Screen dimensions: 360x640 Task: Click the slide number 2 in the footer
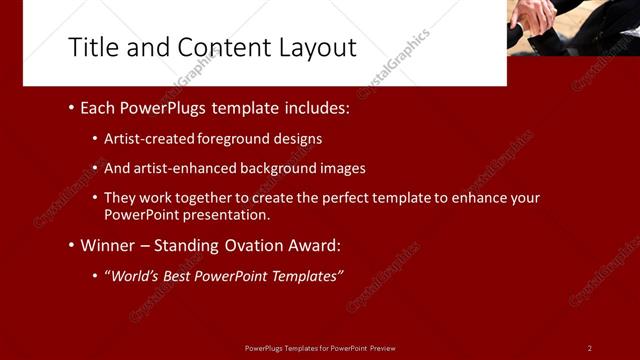pos(590,348)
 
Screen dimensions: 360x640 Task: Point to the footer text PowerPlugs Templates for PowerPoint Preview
pos(320,348)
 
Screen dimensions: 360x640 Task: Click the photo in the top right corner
pos(573,27)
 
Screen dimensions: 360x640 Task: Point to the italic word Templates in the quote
pos(305,275)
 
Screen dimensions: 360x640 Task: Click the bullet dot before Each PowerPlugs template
pos(71,107)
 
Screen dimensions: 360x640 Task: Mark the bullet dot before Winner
pos(71,244)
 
